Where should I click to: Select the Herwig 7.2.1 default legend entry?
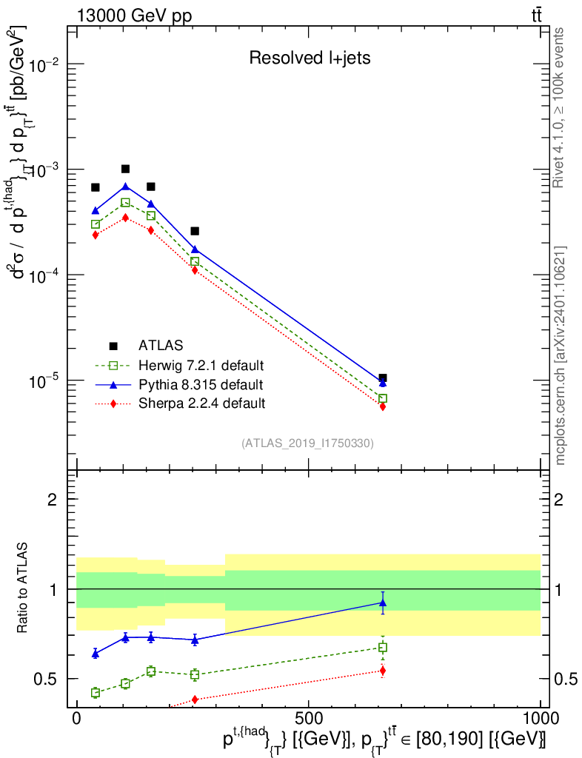point(201,366)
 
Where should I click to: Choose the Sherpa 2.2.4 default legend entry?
point(201,403)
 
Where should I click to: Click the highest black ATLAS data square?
point(125,169)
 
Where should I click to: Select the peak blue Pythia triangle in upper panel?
point(125,187)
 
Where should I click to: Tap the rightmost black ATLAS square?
point(382,378)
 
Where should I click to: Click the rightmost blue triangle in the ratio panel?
point(382,603)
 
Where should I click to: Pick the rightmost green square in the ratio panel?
point(382,647)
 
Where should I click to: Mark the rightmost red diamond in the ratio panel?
point(382,671)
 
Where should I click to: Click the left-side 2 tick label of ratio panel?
point(53,500)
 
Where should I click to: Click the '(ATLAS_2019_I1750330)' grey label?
point(307,443)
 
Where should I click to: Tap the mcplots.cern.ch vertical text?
point(561,355)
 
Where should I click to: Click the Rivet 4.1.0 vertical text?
point(561,107)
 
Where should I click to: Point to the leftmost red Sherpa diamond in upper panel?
point(96,235)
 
